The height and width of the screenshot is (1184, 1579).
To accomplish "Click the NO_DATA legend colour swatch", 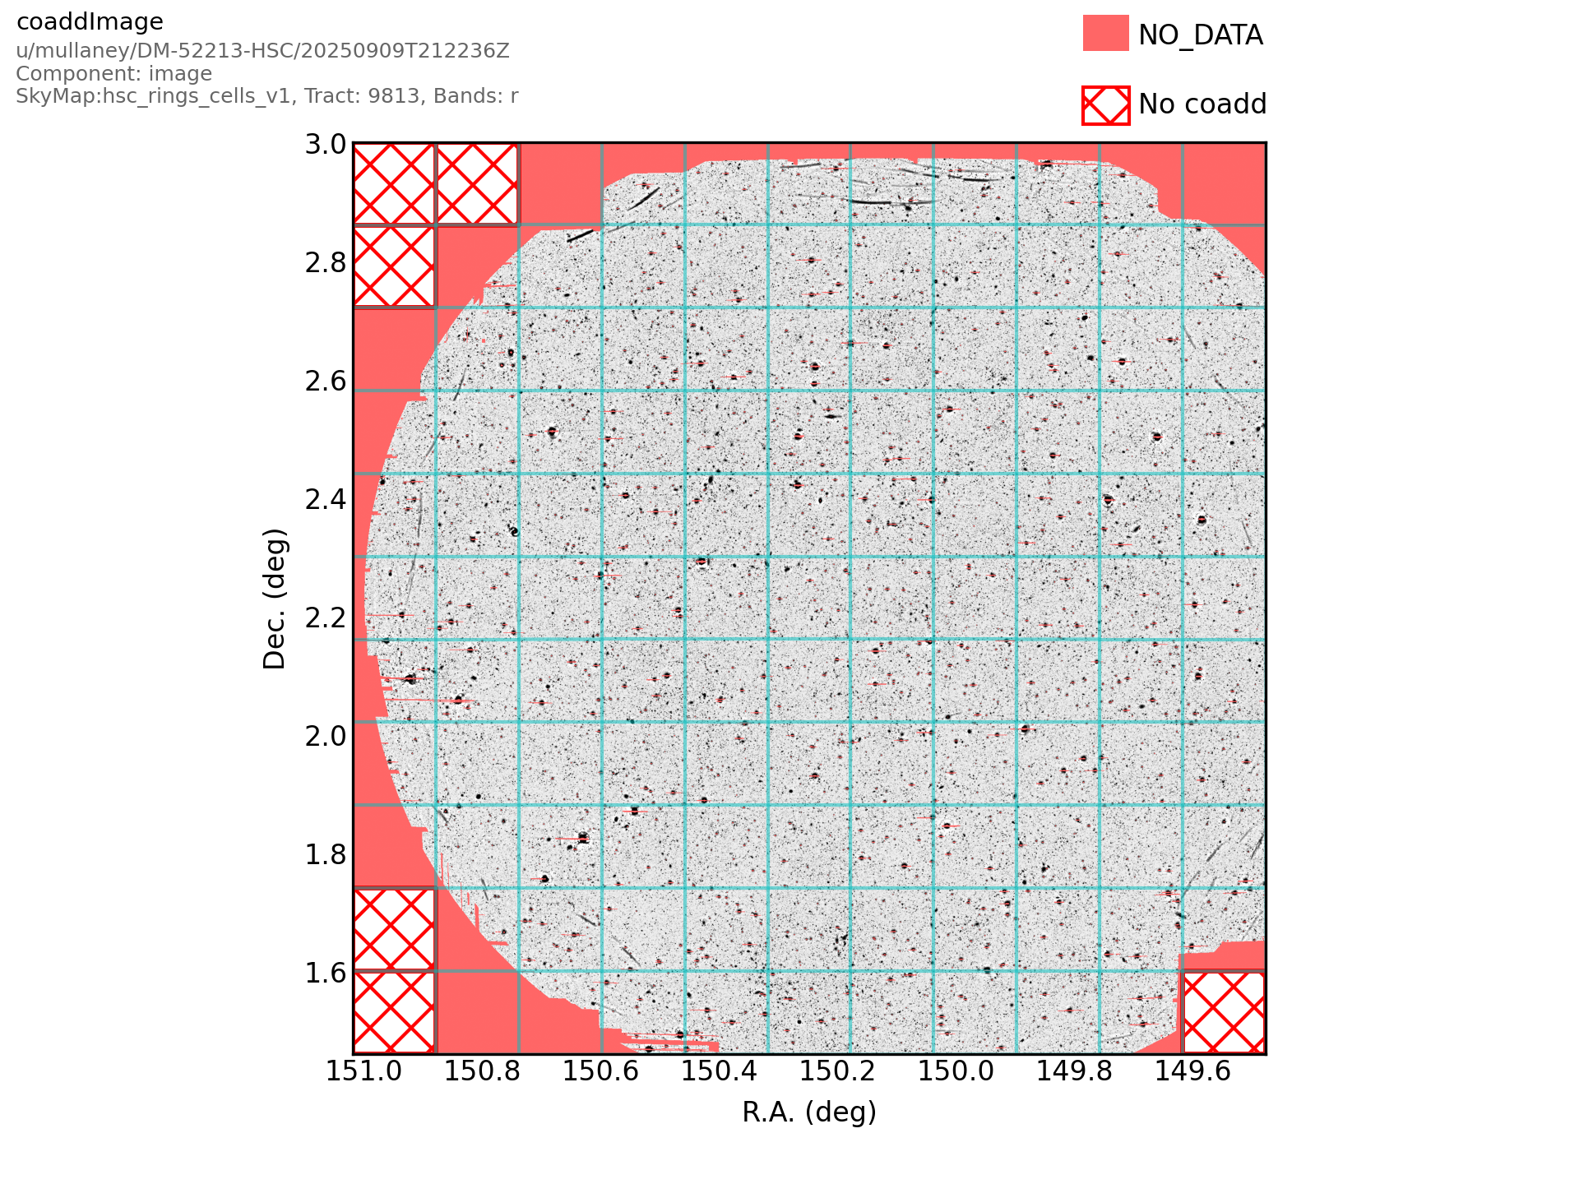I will [1105, 34].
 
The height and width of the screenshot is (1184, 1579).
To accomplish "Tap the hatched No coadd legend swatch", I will [1105, 105].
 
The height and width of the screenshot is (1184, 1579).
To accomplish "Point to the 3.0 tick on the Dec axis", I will [326, 145].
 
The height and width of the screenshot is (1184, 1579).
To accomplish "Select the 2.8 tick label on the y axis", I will [326, 263].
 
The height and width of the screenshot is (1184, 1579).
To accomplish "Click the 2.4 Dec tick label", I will [326, 499].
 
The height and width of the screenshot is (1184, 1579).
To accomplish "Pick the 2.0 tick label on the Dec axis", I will [326, 736].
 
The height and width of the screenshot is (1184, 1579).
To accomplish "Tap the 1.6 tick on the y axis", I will [326, 973].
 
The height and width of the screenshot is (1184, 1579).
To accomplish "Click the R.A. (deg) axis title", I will [809, 1112].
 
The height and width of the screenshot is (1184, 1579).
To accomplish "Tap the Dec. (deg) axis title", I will [275, 599].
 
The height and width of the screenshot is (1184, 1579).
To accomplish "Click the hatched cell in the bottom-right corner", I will [1224, 1012].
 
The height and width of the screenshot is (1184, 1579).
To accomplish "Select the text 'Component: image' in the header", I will [113, 74].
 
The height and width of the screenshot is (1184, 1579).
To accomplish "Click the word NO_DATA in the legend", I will [1200, 35].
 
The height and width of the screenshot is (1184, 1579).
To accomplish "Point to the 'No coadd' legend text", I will [1202, 104].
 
